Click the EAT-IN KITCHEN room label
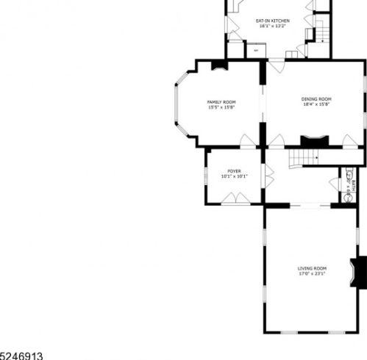272,21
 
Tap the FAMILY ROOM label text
221,102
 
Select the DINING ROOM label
316,99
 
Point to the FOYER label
234,170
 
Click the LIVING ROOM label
312,269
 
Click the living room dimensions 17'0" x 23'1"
312,275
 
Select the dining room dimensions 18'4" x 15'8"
316,104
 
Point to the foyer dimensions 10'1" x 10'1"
234,176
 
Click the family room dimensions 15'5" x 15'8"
221,107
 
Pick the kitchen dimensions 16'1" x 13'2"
272,26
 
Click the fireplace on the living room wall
360,271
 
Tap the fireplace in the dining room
313,140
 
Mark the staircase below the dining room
303,157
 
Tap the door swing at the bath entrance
335,184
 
